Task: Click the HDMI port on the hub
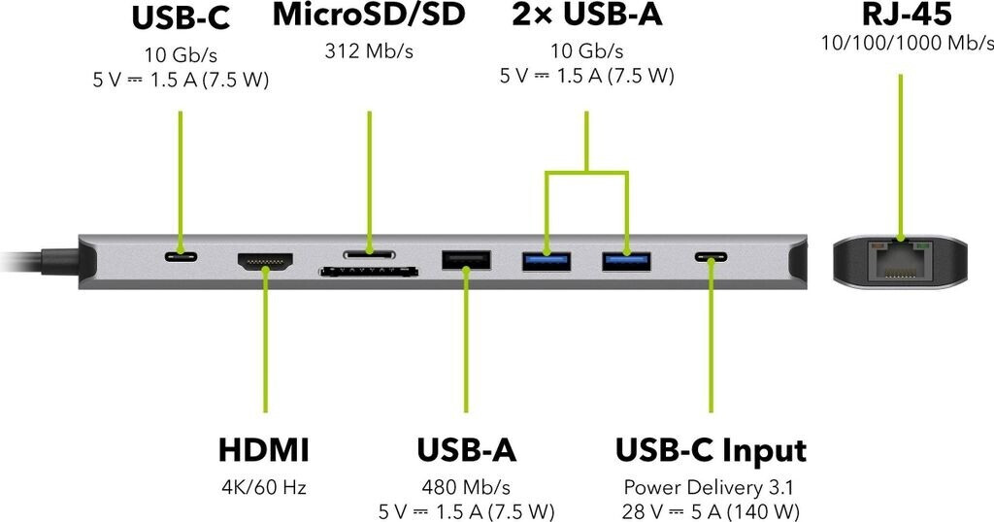pyautogui.click(x=265, y=262)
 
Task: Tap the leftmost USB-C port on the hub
pyautogui.click(x=181, y=258)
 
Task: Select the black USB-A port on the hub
pyautogui.click(x=466, y=260)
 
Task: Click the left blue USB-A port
pyautogui.click(x=547, y=260)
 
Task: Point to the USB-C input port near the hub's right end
pyautogui.click(x=711, y=258)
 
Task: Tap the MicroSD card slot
pyautogui.click(x=368, y=254)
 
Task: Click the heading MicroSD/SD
pyautogui.click(x=368, y=16)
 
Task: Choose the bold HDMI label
pyautogui.click(x=264, y=451)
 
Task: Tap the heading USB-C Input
pyautogui.click(x=711, y=451)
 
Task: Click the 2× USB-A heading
pyautogui.click(x=585, y=16)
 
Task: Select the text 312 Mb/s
pyautogui.click(x=368, y=50)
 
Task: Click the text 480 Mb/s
pyautogui.click(x=466, y=487)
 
